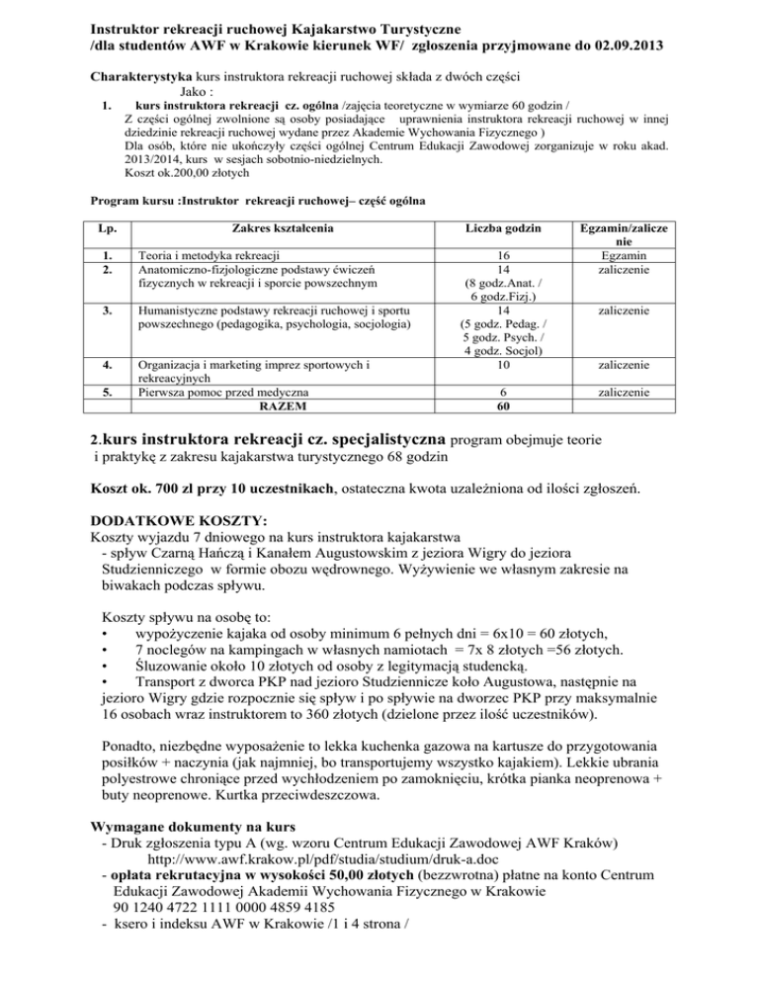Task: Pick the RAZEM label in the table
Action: coord(282,405)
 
